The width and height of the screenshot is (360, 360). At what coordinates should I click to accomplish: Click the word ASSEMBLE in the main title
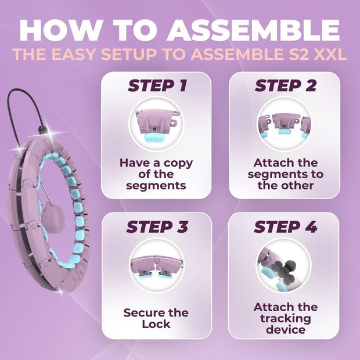(x=253, y=30)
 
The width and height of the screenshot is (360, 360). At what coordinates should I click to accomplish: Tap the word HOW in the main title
(x=57, y=30)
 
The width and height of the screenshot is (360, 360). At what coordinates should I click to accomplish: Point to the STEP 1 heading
(x=157, y=86)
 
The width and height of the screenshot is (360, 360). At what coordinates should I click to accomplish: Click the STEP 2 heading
(x=285, y=86)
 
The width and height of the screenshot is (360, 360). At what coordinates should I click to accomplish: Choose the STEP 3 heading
(x=157, y=226)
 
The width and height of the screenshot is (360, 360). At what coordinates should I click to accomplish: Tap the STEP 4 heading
(x=285, y=226)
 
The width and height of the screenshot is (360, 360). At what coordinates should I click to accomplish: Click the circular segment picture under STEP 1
(x=156, y=124)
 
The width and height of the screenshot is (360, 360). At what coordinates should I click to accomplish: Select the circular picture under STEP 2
(x=285, y=124)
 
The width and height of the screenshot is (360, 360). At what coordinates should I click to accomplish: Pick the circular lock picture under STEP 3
(x=156, y=265)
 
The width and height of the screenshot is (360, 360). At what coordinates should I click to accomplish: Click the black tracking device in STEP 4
(x=283, y=272)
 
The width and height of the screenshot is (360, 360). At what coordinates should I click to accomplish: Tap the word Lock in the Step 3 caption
(x=156, y=324)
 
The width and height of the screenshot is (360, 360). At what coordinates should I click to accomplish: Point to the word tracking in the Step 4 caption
(x=286, y=319)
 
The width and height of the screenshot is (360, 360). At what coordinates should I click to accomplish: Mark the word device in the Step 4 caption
(x=286, y=330)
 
